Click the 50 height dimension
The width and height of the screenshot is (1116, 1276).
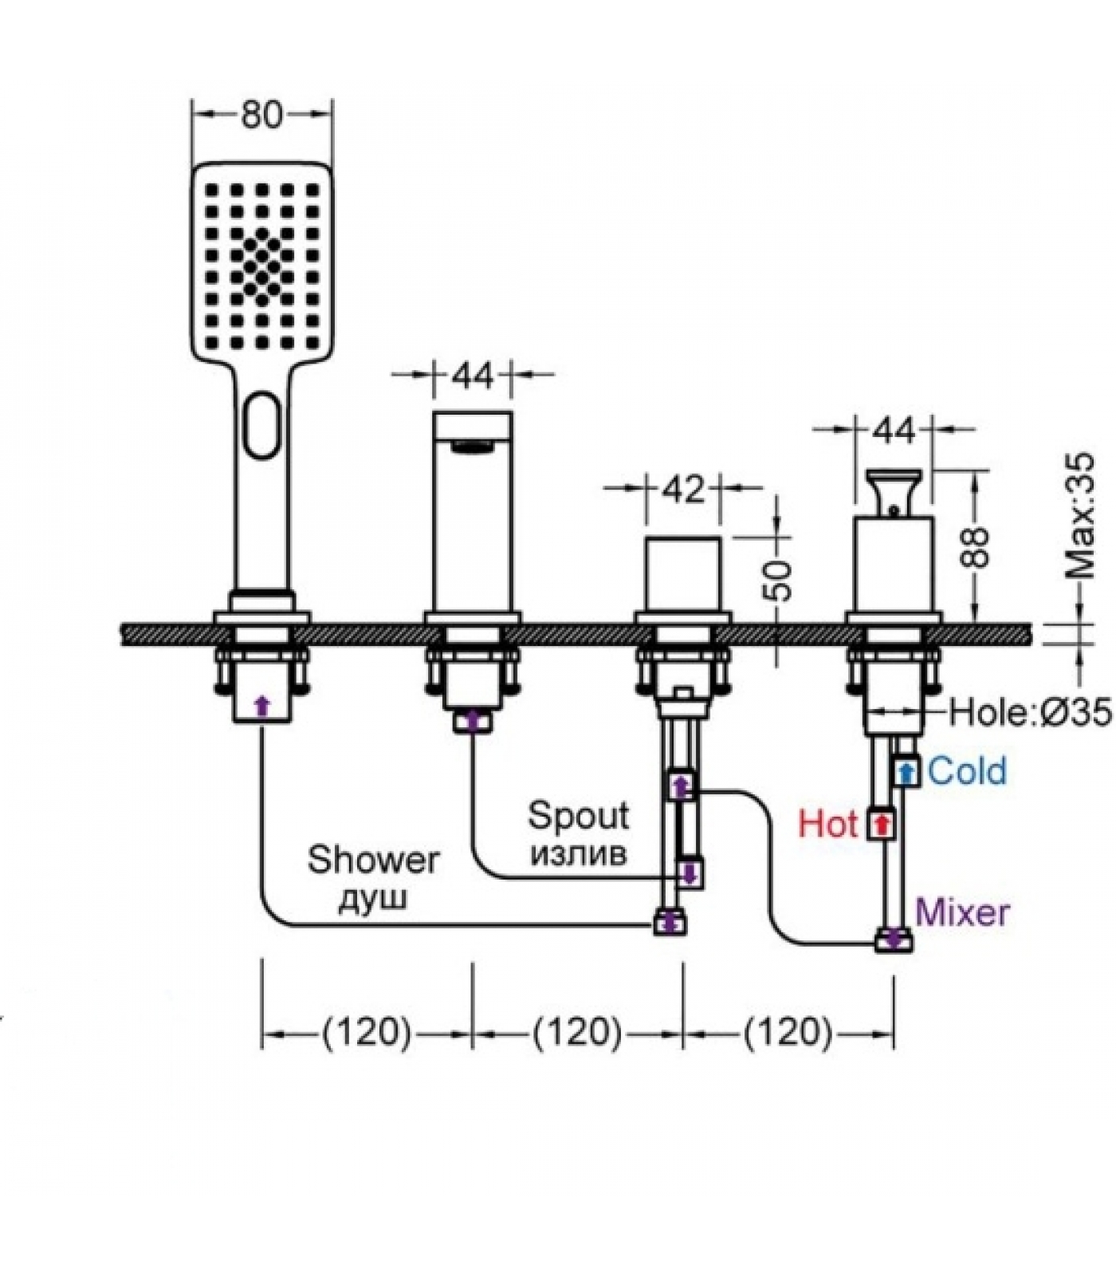point(780,580)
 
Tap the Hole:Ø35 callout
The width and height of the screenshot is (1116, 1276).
point(1029,711)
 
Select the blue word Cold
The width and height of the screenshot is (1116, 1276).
point(967,770)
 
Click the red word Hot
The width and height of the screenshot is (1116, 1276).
point(828,823)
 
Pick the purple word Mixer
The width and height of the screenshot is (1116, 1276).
point(962,911)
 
